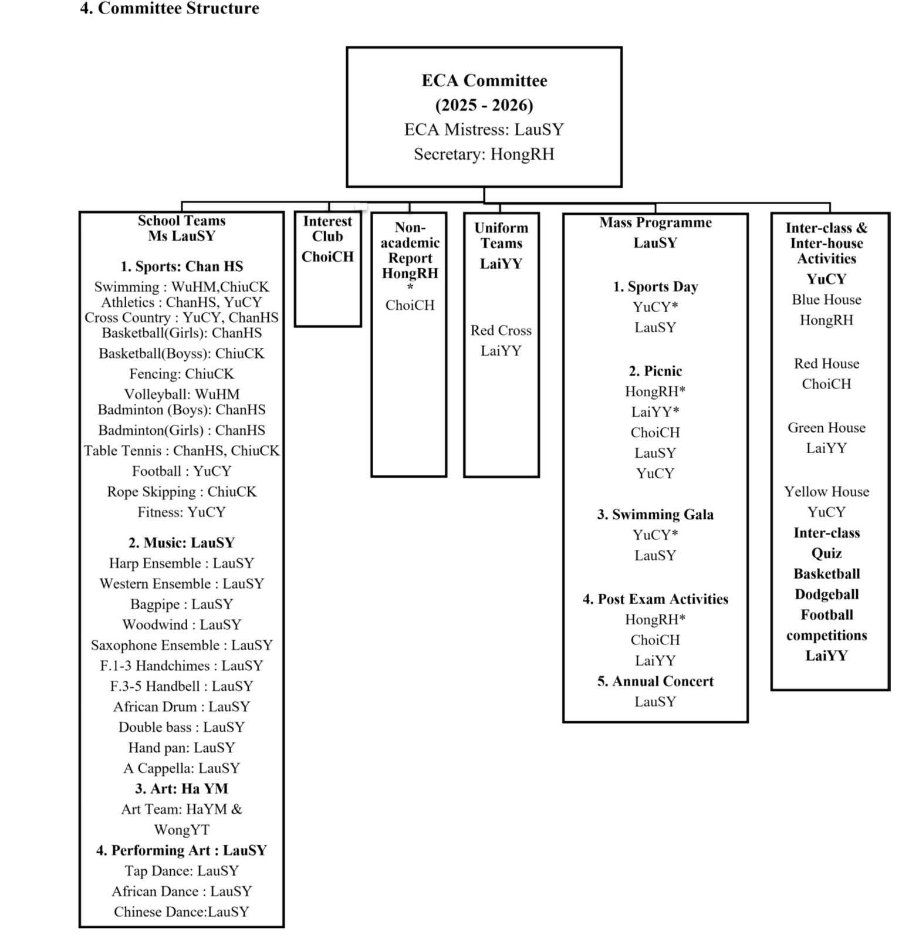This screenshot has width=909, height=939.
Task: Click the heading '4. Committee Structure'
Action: (170, 9)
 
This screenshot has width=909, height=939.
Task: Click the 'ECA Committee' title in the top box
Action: (484, 80)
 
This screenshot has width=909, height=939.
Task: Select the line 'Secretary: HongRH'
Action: (484, 154)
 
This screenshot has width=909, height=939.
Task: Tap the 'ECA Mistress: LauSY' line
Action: (484, 130)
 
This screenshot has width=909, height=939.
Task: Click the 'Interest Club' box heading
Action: (327, 229)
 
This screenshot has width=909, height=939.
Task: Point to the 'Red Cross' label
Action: (501, 330)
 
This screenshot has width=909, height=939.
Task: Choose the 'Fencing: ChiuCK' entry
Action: (181, 374)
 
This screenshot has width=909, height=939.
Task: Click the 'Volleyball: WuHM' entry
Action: (181, 394)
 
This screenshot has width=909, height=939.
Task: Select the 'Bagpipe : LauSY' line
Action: (181, 604)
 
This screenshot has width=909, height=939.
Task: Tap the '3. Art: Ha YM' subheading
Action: (181, 789)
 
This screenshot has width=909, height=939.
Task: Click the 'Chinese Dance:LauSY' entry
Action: (181, 912)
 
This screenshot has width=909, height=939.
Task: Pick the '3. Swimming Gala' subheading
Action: (655, 515)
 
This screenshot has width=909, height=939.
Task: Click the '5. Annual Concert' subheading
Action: (655, 681)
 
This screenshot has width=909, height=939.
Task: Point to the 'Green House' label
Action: (826, 428)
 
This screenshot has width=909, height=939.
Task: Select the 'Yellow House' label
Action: (826, 492)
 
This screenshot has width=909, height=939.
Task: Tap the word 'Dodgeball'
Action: (826, 595)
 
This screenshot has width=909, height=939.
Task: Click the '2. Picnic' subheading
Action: (655, 371)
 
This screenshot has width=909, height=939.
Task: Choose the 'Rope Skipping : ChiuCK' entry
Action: (181, 492)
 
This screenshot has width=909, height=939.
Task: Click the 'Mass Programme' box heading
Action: (655, 223)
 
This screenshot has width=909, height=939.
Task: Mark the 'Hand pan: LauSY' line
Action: (181, 748)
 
